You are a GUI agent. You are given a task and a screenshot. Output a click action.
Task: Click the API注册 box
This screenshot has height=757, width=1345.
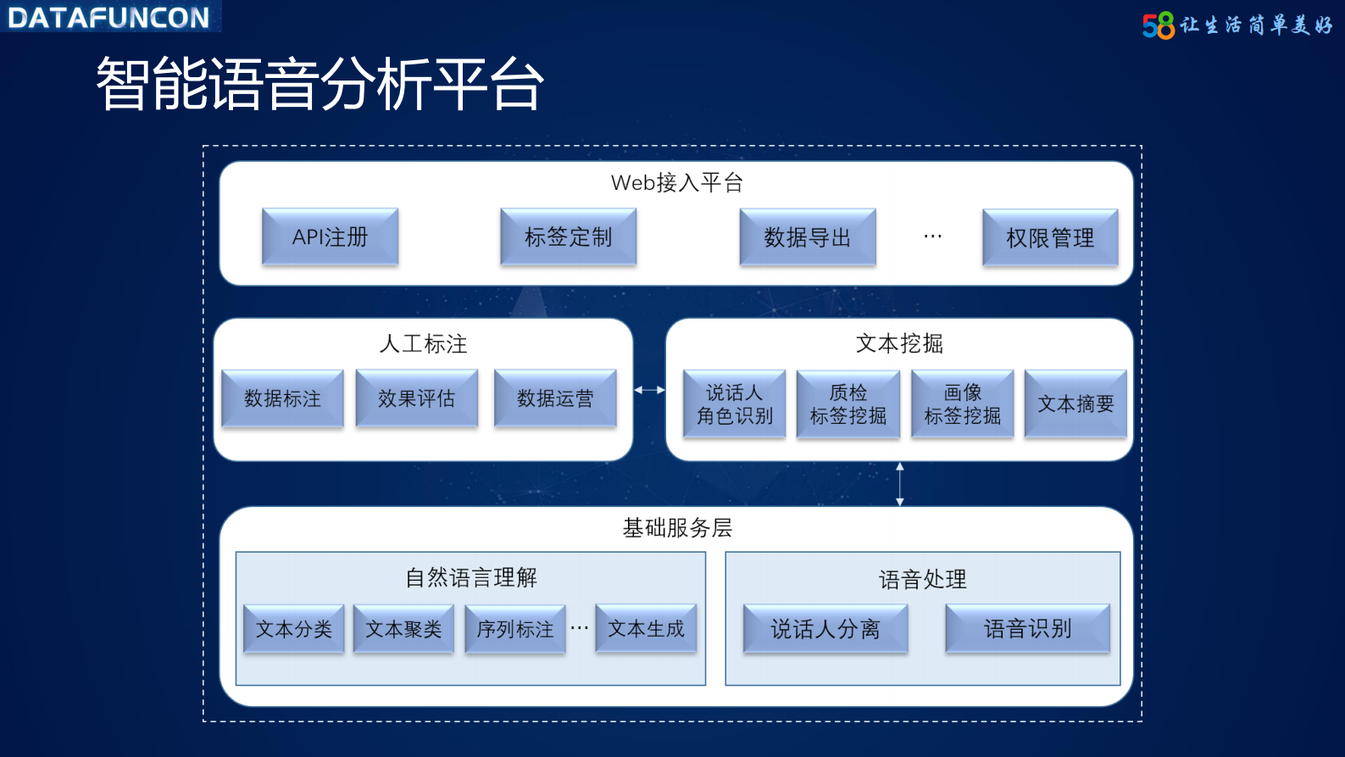[330, 237]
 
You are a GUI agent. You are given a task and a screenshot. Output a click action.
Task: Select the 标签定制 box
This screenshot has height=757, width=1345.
[568, 237]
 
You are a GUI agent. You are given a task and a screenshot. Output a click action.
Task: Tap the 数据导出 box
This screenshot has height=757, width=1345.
[807, 237]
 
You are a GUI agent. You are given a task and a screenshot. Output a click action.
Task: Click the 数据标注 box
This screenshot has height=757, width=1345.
[282, 398]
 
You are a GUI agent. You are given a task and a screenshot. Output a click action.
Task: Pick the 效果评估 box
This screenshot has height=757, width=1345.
[416, 398]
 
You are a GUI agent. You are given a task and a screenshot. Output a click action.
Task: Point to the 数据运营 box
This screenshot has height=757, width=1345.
[555, 398]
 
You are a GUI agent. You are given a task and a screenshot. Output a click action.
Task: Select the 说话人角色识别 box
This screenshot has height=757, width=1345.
[734, 404]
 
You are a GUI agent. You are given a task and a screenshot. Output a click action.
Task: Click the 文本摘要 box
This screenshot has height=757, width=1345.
[1075, 404]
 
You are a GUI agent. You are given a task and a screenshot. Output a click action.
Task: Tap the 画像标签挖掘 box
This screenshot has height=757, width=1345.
[962, 404]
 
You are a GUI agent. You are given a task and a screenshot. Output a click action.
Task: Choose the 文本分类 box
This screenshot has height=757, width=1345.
[293, 629]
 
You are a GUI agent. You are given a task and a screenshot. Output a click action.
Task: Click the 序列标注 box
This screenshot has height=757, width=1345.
[514, 629]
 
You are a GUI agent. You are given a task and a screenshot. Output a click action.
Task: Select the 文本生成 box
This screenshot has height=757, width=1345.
[646, 628]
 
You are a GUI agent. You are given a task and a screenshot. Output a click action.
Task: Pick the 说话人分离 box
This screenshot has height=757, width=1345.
[825, 629]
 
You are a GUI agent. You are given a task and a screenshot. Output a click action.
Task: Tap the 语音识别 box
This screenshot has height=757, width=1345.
[1027, 629]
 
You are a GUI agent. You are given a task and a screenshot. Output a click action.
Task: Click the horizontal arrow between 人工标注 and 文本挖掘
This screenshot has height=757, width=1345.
[649, 390]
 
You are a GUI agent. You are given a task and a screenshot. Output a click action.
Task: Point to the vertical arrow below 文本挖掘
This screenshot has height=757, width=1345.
[900, 484]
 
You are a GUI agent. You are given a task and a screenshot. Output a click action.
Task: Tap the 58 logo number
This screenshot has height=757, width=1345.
[1159, 25]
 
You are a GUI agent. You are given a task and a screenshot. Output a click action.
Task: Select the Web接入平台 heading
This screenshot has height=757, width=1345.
[676, 182]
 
